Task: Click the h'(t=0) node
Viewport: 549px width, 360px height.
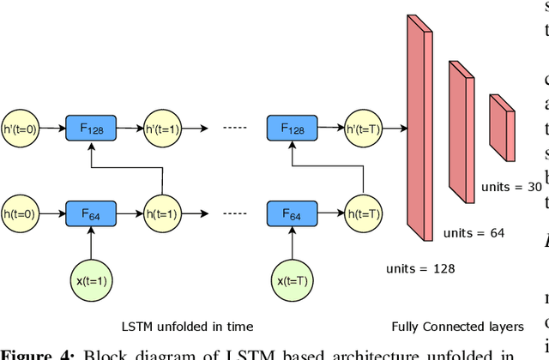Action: (20, 129)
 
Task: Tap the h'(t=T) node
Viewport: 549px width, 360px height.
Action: (365, 129)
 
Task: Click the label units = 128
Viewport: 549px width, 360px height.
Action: (421, 268)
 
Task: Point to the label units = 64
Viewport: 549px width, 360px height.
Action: (474, 232)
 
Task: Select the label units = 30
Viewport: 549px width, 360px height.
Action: (511, 187)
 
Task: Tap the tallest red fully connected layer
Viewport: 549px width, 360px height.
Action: (418, 129)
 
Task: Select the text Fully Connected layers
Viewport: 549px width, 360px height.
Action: (457, 326)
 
